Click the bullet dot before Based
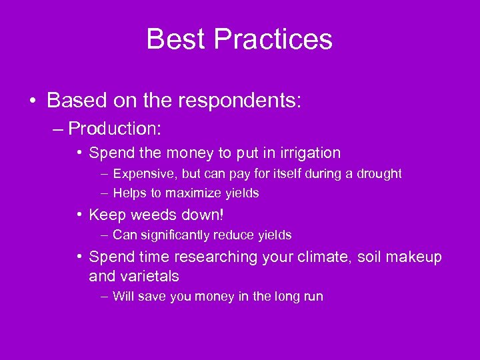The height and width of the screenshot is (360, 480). click(33, 101)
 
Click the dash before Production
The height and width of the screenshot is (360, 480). click(58, 128)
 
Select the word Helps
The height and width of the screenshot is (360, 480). click(129, 193)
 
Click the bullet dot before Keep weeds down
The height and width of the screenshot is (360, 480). click(79, 215)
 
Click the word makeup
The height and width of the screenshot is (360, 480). click(416, 257)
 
